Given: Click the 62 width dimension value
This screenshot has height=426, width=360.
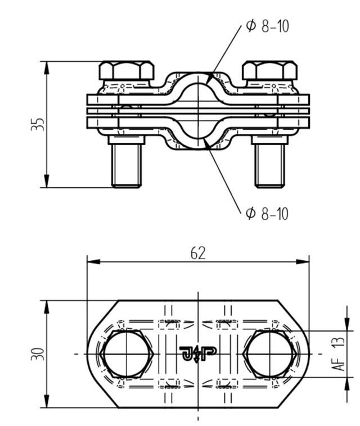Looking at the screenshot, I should pos(197,253).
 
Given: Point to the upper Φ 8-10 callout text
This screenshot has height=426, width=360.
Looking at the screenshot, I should pos(267,26).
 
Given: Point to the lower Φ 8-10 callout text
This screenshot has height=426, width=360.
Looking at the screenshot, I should pos(267,214).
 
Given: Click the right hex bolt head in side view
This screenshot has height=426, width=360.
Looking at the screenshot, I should pos(269,71).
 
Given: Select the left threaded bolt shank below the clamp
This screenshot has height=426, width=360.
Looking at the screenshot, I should pos(128,164).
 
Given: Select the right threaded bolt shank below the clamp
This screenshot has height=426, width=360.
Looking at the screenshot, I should pos(269,164).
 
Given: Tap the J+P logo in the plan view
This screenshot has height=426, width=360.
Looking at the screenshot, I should pos(197,354).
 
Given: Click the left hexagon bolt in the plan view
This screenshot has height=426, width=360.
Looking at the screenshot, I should pos(127,354).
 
